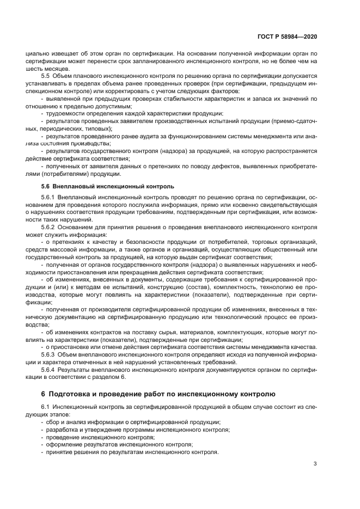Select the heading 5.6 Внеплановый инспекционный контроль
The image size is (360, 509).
coord(100,187)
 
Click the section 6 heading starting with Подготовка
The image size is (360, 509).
coord(158,393)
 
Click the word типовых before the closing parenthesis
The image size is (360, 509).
coord(99,128)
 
